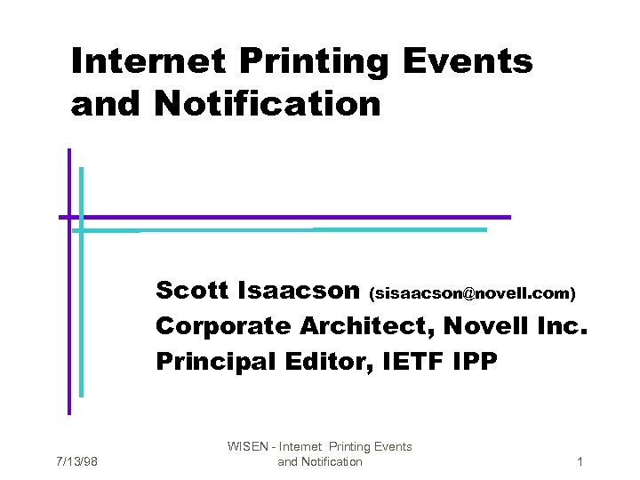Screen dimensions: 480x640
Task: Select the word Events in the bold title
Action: [x=468, y=62]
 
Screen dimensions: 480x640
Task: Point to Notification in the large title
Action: [x=267, y=104]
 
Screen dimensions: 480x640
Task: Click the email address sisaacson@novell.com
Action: [x=472, y=292]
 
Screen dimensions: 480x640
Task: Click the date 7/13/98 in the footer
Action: [x=76, y=462]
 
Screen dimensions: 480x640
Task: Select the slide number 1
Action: [x=580, y=462]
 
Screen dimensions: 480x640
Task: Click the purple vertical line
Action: [x=68, y=311]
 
